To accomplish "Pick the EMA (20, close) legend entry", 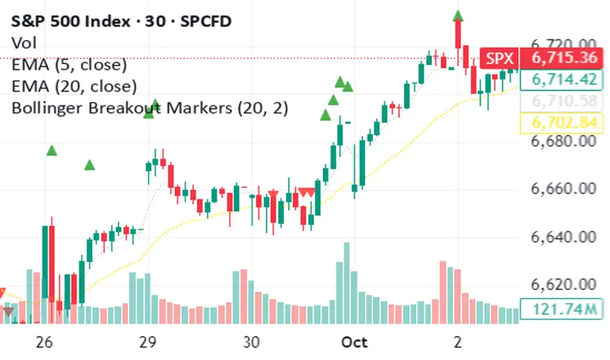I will click(x=74, y=86).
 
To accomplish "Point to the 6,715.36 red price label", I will click(x=564, y=58).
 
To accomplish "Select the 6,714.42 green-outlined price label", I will click(x=564, y=79).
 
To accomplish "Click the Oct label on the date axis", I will click(x=355, y=342).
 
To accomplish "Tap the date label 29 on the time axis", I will click(x=147, y=342).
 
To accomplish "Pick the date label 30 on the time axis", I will click(x=251, y=342).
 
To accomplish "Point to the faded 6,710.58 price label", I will click(x=564, y=101).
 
